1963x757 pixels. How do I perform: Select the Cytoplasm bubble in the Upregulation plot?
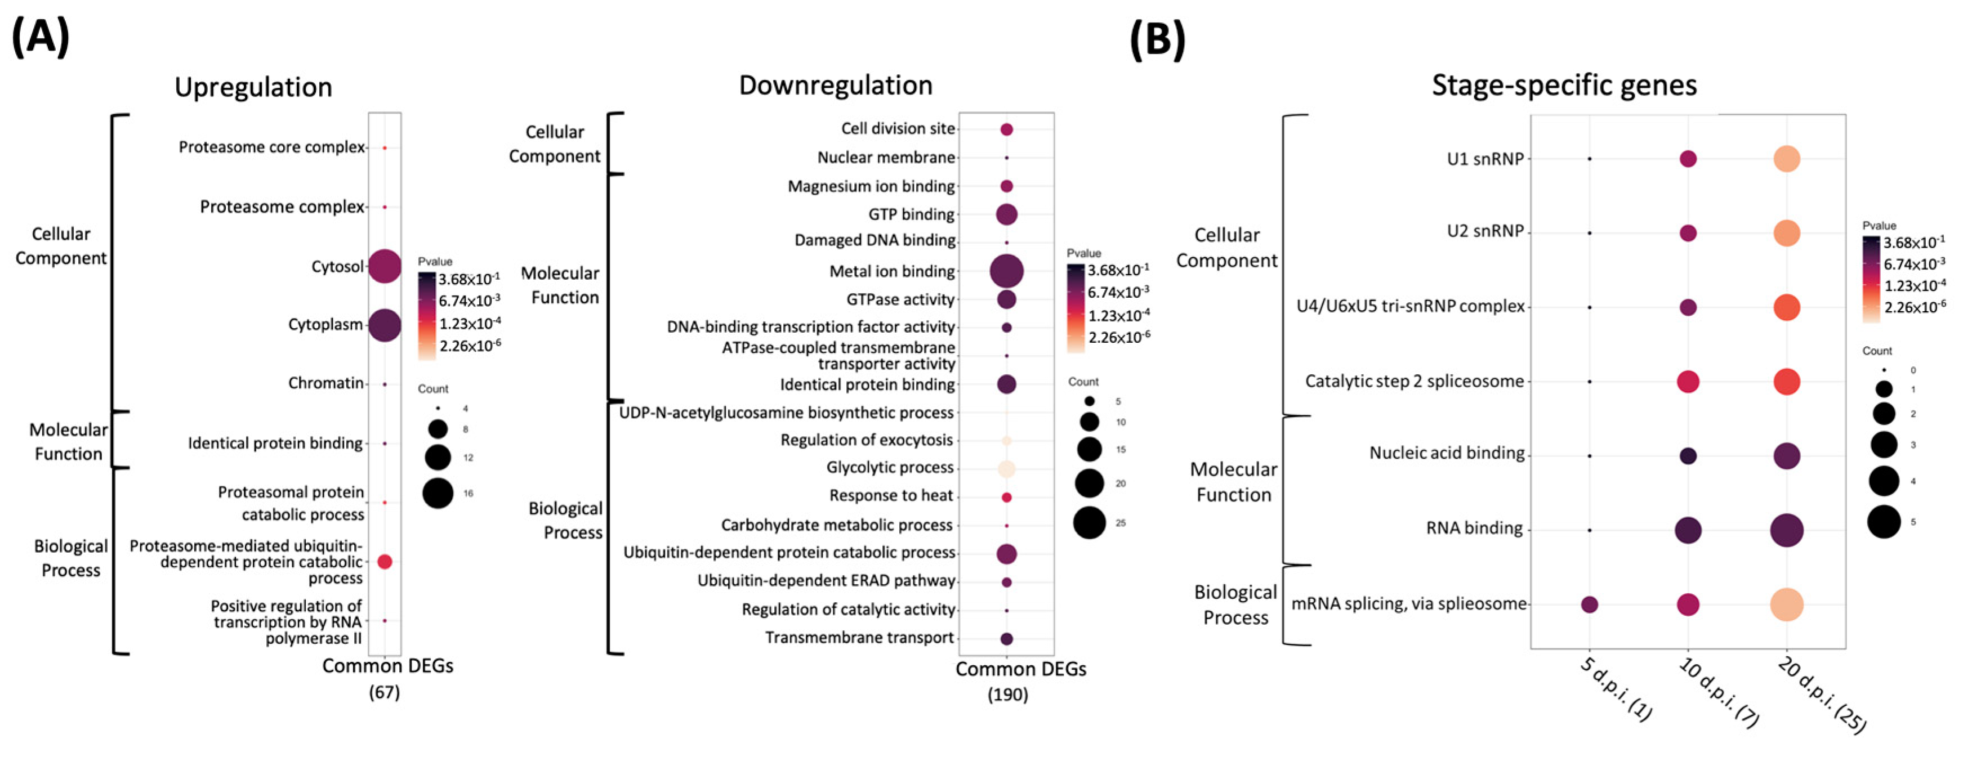click(385, 325)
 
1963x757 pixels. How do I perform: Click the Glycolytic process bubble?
click(1007, 468)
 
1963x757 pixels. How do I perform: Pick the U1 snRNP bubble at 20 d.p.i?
click(1786, 159)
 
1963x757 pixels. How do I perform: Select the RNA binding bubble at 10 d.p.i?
click(1688, 530)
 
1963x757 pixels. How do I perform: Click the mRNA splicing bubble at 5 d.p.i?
click(1590, 604)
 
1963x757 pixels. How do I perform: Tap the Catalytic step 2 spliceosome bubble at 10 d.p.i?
click(1688, 382)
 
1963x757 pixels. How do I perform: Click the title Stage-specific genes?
click(1564, 86)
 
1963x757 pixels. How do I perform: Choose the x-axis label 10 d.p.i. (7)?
click(1719, 693)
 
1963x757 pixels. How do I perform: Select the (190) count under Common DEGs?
click(1007, 695)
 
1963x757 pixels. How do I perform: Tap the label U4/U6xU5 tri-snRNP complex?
click(1410, 307)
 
